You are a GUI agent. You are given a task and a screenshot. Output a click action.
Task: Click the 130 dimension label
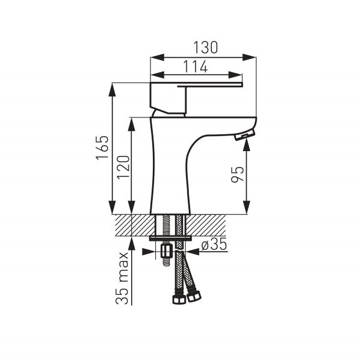tap(205, 48)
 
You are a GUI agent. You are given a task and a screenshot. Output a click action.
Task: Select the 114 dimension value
tap(196, 66)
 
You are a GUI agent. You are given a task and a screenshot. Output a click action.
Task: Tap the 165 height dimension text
tap(102, 147)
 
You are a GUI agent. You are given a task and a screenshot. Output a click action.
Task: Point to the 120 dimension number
tap(123, 167)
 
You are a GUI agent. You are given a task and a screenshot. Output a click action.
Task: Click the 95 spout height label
tap(238, 174)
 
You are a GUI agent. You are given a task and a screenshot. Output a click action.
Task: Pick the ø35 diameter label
tap(214, 244)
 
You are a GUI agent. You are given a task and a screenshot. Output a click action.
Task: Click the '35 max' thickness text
tap(122, 278)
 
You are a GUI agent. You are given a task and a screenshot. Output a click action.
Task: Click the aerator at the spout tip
tap(244, 135)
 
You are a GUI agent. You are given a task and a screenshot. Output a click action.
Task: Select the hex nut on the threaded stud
tap(166, 251)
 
